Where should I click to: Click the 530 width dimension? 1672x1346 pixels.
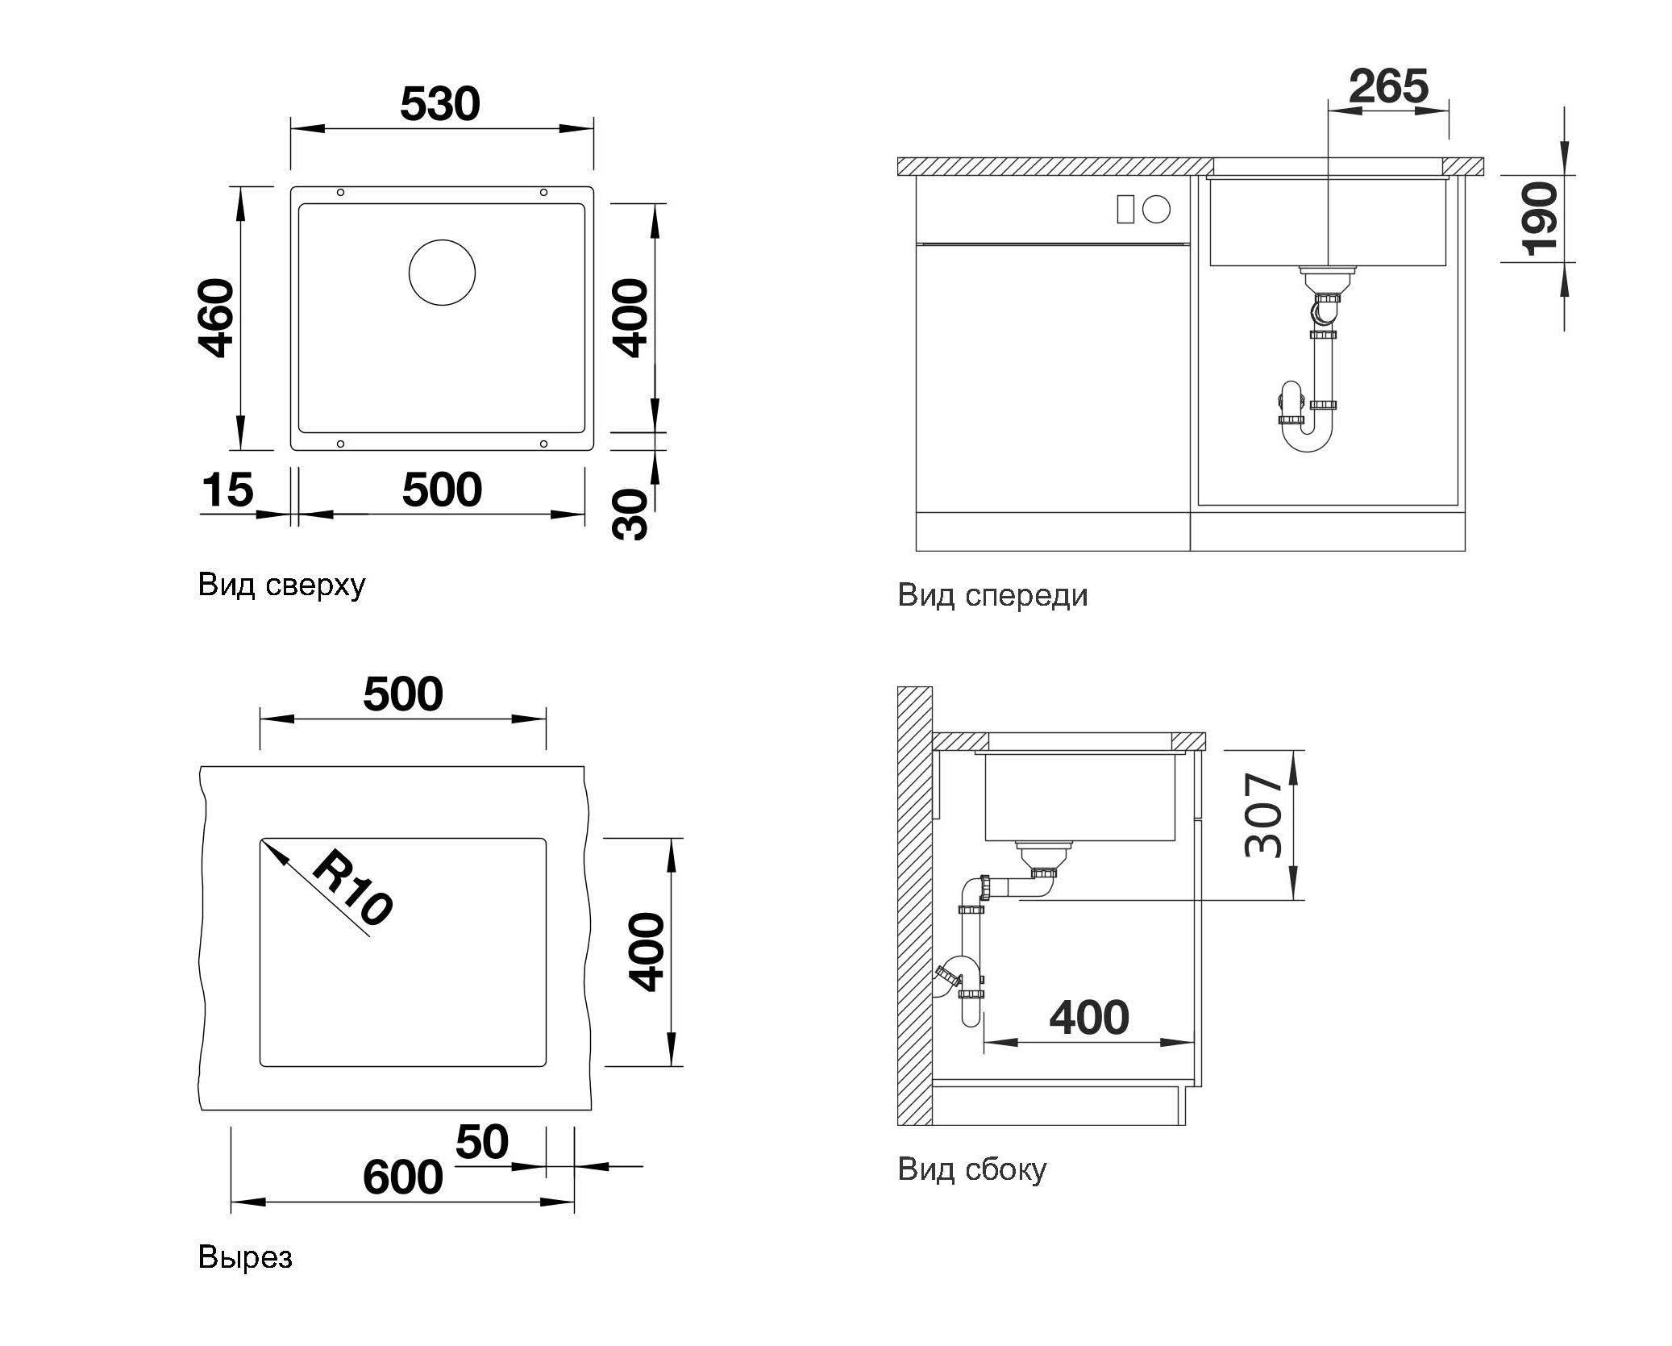pos(439,104)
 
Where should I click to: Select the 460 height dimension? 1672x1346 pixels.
pos(216,318)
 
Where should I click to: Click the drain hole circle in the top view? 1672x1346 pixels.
pos(442,273)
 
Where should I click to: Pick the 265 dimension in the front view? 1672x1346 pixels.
pos(1388,85)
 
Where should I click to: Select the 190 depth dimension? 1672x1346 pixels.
pos(1540,219)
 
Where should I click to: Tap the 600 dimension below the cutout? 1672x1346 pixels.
pos(402,1177)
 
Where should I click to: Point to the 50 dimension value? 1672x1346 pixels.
pos(482,1141)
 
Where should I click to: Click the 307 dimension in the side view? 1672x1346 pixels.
pos(1263,815)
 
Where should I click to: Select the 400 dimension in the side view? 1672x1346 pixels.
pos(1089,1017)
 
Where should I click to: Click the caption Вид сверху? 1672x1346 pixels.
pos(281,584)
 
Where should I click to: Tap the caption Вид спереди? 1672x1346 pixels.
pos(992,595)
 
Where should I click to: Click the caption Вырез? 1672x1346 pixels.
pos(245,1257)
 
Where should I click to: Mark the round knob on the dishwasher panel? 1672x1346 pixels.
pos(1156,210)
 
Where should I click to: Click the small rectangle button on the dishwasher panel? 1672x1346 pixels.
pos(1125,210)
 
